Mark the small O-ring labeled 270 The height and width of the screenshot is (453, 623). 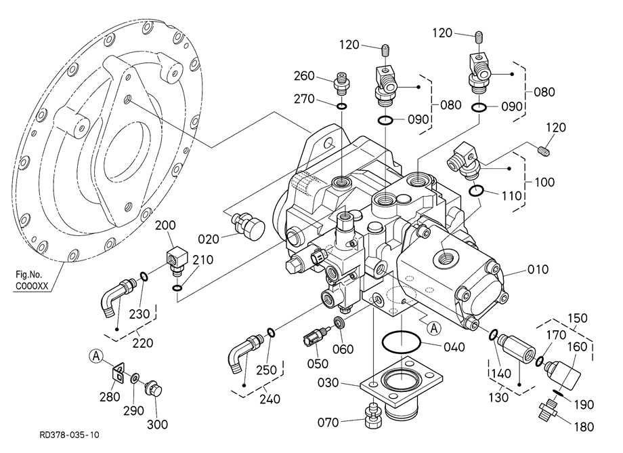[x=342, y=106]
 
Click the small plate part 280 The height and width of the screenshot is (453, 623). [x=119, y=372]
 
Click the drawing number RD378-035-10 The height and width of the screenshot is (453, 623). [x=68, y=433]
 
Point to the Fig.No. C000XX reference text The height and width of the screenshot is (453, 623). [x=32, y=280]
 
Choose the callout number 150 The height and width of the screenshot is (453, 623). [x=578, y=318]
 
